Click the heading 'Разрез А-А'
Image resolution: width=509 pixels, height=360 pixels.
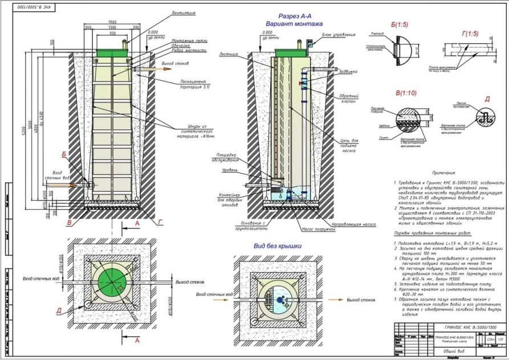pos(294,16)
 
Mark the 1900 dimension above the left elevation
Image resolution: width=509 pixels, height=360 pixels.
pos(112,22)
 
